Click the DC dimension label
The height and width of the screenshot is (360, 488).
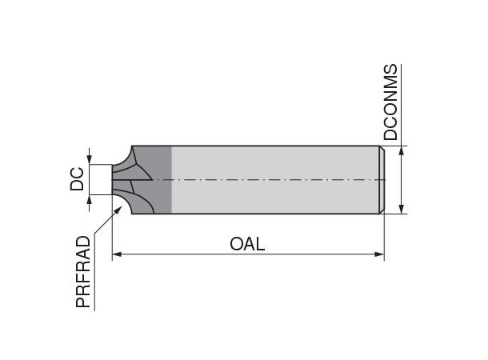77,179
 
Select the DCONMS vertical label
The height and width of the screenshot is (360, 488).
390,102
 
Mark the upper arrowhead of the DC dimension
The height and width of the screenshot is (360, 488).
90,159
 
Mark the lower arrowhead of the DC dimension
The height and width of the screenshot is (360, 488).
90,199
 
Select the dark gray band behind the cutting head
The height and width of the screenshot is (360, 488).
161,180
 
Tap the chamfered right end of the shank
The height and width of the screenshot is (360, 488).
382,180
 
